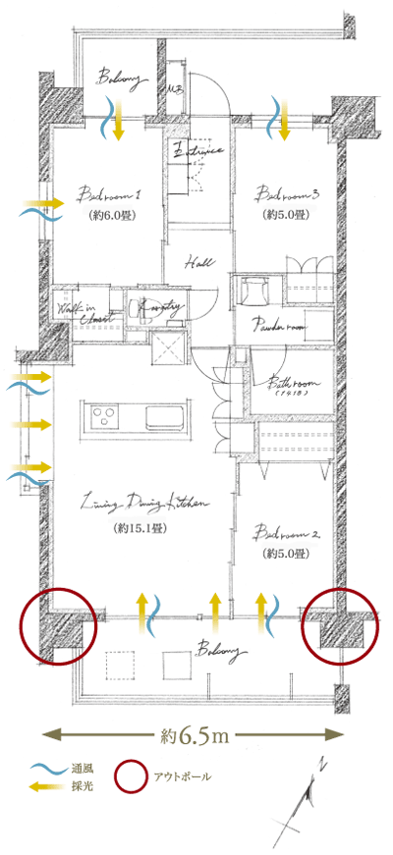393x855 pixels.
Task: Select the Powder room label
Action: coord(279,325)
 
